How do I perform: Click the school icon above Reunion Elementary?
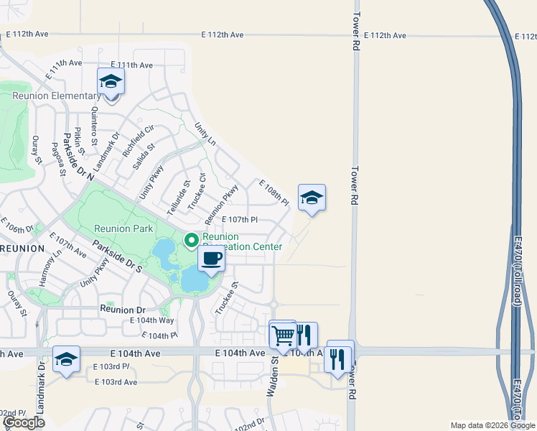111,81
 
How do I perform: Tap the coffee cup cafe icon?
210,259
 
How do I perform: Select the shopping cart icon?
283,335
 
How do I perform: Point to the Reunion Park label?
123,228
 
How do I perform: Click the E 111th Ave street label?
130,65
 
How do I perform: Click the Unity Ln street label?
205,134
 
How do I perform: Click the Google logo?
24,422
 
